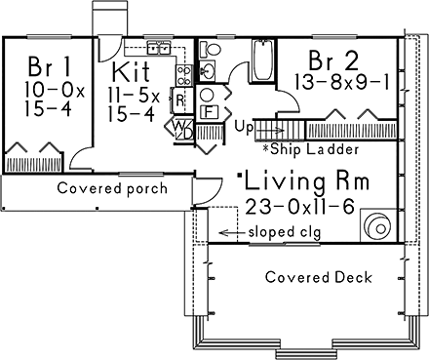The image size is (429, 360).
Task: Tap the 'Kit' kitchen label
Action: coord(131,71)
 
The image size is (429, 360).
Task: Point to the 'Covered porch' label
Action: coord(110,188)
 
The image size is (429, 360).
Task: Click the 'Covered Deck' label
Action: coord(319,277)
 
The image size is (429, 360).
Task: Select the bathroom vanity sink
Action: coord(208,71)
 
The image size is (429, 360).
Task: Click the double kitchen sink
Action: coord(158,47)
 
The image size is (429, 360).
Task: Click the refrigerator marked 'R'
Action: coord(180,98)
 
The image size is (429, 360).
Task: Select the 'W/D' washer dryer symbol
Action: coord(182,128)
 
